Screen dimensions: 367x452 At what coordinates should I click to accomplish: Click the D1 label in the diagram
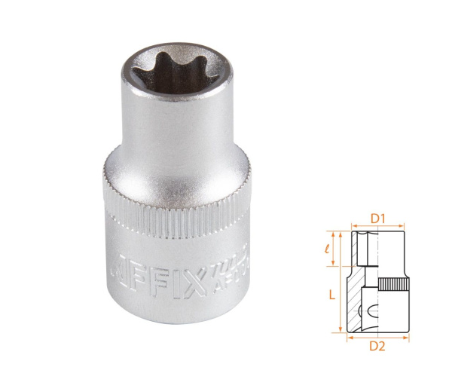(x=378, y=219)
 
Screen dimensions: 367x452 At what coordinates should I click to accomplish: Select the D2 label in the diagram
(x=379, y=347)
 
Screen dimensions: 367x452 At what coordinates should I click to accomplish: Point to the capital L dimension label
(x=331, y=296)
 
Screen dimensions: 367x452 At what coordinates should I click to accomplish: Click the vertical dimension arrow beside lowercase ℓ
(x=341, y=249)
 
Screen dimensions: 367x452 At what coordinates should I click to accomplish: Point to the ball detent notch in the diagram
(x=368, y=311)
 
